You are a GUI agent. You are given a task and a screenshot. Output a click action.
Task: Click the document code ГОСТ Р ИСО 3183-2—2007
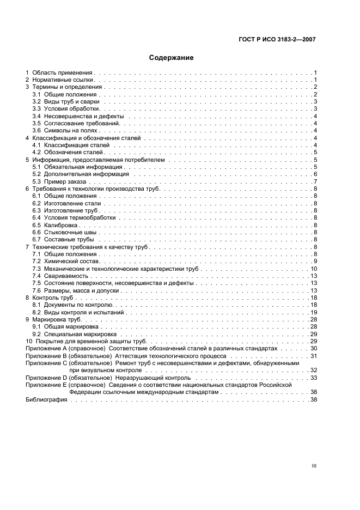pos(277,39)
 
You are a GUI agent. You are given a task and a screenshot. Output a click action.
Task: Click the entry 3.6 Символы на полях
pos(64,131)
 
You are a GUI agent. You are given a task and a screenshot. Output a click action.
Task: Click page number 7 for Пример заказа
pos(315,181)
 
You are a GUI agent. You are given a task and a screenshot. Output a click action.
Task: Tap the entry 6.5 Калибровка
pos(56,225)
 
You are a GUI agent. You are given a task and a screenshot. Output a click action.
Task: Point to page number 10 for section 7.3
pos(314,269)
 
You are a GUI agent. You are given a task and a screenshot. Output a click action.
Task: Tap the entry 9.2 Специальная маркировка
pos(75,334)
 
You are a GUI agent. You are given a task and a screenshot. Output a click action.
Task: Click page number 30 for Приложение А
pos(314,348)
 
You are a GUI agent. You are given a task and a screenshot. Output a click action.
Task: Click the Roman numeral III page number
pos(313,466)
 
